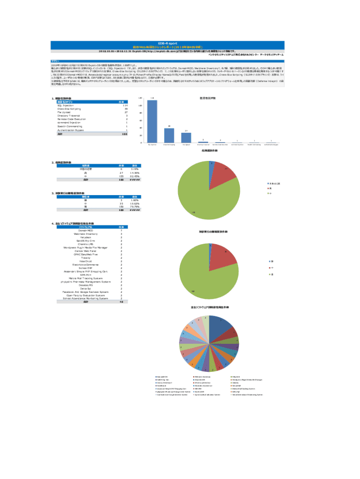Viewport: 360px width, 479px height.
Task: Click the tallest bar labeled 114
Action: [x=152, y=121]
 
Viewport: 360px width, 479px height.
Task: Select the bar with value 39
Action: [x=169, y=135]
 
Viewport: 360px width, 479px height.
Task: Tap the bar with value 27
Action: [x=186, y=138]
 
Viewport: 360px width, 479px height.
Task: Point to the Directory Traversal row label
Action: [x=69, y=116]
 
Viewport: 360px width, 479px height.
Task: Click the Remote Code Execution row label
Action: [x=72, y=119]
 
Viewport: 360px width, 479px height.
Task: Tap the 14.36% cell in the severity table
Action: [x=135, y=173]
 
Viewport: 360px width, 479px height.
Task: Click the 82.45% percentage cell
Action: [x=135, y=176]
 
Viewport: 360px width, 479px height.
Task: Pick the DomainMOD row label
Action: [x=86, y=230]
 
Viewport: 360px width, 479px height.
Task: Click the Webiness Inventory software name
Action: [x=86, y=233]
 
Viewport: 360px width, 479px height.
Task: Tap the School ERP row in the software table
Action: [x=86, y=268]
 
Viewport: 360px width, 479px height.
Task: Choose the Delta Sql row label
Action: [x=86, y=289]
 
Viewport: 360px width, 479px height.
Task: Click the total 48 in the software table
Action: [x=122, y=302]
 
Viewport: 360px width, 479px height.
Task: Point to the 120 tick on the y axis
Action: [x=141, y=98]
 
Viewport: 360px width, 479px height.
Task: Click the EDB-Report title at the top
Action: [x=166, y=42]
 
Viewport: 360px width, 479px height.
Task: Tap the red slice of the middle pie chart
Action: [x=222, y=255]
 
